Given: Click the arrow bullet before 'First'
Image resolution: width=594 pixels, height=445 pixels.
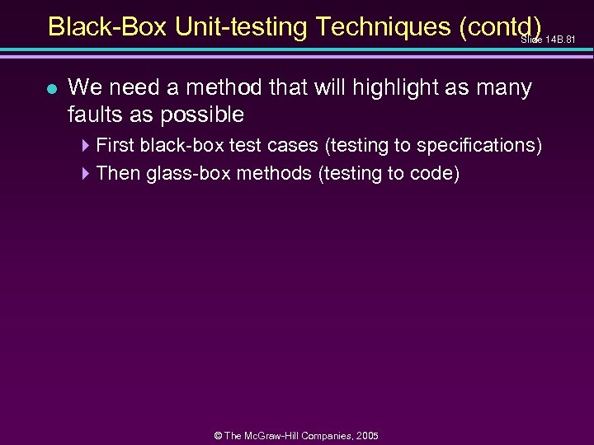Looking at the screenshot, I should pyautogui.click(x=87, y=146).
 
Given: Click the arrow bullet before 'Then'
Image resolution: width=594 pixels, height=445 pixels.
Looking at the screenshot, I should pyautogui.click(x=87, y=173).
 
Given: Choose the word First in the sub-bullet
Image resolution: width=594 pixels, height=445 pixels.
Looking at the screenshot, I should pyautogui.click(x=114, y=146).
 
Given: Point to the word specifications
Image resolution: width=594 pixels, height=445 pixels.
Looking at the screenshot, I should pyautogui.click(x=477, y=146).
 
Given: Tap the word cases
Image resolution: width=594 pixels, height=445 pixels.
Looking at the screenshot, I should pyautogui.click(x=294, y=146).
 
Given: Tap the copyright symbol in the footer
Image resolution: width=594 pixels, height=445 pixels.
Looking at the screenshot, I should pyautogui.click(x=219, y=435).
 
